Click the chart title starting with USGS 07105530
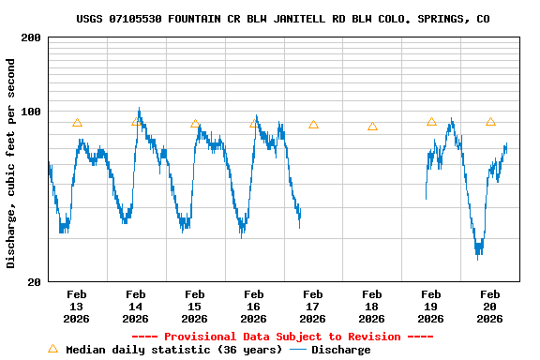[282, 19]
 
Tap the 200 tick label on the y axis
[31, 37]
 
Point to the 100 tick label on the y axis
[31, 112]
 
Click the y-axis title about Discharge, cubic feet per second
[11, 163]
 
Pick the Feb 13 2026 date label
[77, 306]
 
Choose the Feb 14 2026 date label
[136, 306]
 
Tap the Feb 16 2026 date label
[254, 306]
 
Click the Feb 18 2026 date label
[372, 306]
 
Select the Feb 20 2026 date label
[490, 306]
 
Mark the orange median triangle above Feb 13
[77, 123]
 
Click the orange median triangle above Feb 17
[313, 125]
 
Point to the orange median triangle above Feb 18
[372, 127]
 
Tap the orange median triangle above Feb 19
[431, 122]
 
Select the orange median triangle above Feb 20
[490, 122]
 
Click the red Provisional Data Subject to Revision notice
[282, 337]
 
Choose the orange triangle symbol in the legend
[52, 349]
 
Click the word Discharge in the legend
[340, 350]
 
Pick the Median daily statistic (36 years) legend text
[173, 350]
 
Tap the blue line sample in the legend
[298, 350]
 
